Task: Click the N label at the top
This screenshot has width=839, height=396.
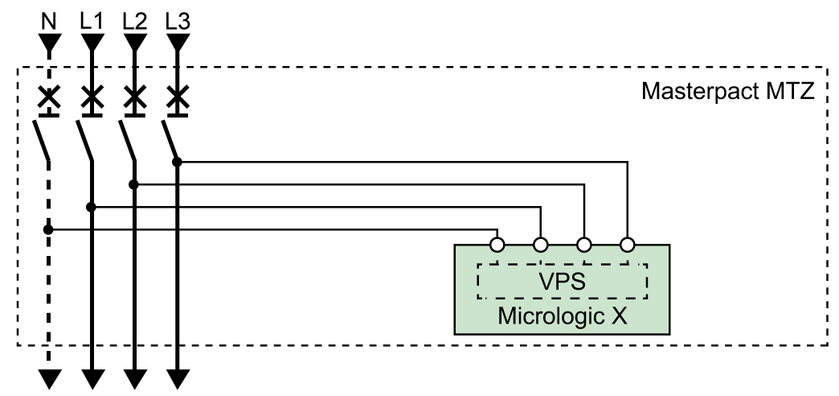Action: click(x=49, y=20)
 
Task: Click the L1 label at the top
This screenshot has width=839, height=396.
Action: click(x=92, y=20)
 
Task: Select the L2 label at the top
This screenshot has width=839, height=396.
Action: click(x=135, y=20)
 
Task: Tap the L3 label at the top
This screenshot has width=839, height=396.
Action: click(x=178, y=20)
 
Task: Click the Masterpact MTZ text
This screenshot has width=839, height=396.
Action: click(x=728, y=91)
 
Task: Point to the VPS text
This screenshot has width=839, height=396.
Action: click(x=561, y=282)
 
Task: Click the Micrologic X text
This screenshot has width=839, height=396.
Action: click(x=562, y=315)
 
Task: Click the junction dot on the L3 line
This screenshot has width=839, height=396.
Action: click(x=177, y=162)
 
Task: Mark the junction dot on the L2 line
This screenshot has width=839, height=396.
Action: click(x=134, y=184)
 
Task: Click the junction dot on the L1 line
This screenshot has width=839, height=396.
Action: click(x=92, y=207)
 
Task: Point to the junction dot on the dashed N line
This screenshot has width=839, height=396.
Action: click(x=48, y=229)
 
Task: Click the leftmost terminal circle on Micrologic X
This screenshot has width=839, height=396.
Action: click(x=497, y=243)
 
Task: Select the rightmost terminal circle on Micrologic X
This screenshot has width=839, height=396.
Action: click(x=628, y=243)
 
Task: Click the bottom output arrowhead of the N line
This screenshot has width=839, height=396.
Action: click(x=49, y=377)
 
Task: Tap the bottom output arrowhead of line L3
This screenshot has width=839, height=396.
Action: click(x=178, y=377)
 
